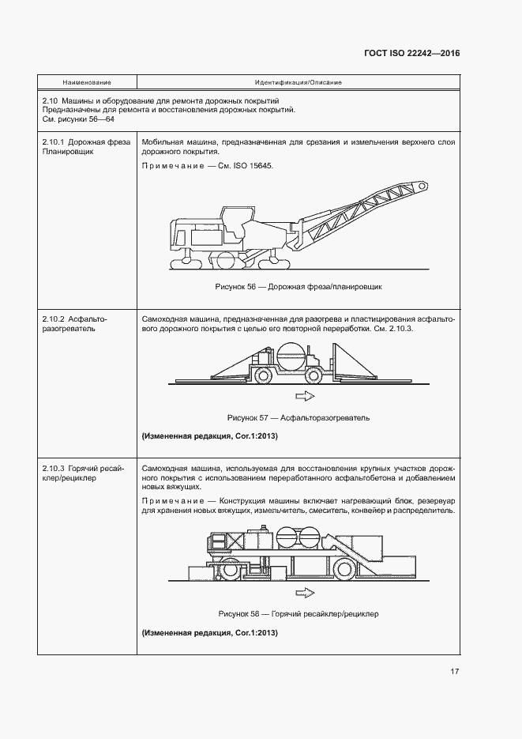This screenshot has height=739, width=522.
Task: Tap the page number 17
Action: (455, 672)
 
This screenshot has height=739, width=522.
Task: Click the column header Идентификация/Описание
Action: (298, 82)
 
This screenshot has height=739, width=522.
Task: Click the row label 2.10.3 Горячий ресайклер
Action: (76, 474)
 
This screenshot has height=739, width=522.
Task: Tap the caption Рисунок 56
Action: (298, 286)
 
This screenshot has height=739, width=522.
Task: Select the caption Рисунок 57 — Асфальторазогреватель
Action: (298, 417)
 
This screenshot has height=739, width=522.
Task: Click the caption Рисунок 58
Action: (298, 613)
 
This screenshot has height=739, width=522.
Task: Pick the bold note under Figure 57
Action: (209, 436)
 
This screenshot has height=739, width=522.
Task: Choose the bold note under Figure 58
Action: (209, 633)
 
